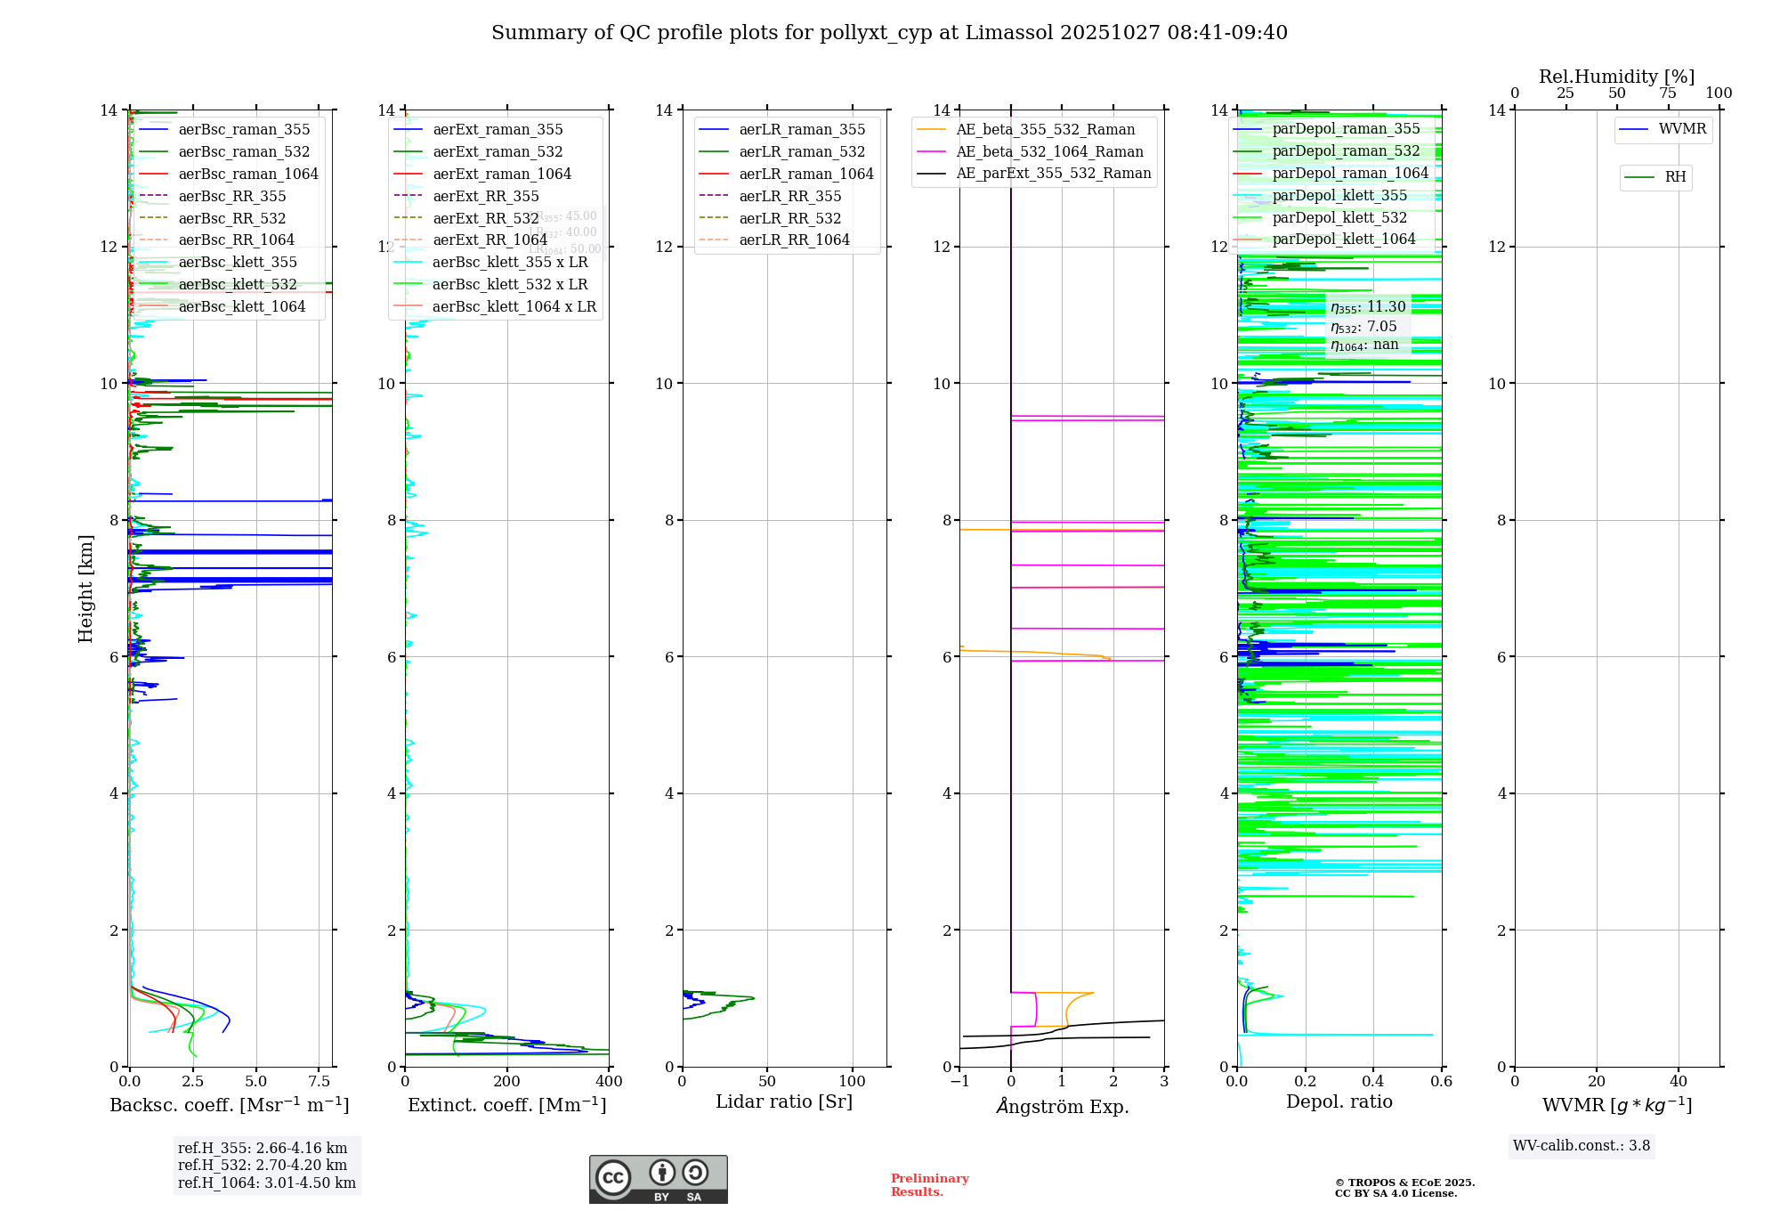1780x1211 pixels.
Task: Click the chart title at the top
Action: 889,33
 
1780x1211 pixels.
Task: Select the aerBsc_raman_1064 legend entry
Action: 247,174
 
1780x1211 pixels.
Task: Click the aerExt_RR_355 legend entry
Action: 485,196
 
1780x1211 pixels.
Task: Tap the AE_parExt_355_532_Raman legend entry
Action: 1053,173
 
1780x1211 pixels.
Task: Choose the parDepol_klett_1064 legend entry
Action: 1343,239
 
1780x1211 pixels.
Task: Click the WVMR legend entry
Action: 1682,129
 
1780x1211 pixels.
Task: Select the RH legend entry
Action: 1675,177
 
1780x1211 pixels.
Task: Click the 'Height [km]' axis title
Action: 85,588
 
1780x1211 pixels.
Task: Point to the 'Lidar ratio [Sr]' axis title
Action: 783,1101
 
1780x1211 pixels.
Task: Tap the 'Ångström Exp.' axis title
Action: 1062,1106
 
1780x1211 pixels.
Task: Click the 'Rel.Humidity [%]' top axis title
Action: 1616,77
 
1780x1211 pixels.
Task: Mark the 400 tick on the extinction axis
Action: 609,1082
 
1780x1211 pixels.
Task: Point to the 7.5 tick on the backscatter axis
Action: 320,1082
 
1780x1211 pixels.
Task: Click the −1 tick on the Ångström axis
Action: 959,1082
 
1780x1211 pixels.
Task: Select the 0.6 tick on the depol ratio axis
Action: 1441,1082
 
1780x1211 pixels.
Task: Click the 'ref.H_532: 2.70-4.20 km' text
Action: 263,1165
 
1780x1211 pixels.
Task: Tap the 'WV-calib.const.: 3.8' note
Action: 1582,1146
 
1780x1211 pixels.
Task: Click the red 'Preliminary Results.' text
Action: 929,1185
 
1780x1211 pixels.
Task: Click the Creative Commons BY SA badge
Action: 658,1179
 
